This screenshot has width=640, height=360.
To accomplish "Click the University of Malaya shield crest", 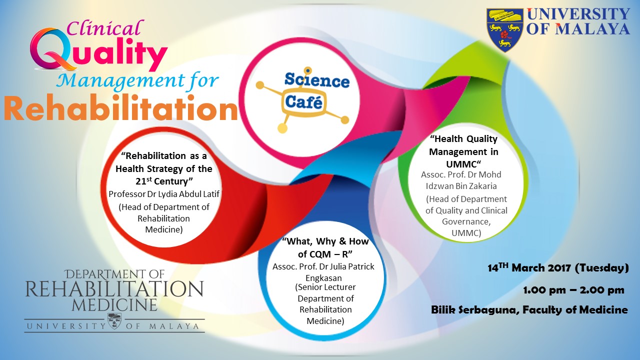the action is click(505, 30).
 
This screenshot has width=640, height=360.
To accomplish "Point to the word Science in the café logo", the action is click(317, 80).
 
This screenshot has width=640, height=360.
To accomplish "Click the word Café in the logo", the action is click(303, 102).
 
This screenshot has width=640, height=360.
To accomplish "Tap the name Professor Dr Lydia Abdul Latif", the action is click(164, 194).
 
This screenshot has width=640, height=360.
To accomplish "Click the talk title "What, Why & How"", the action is click(325, 241).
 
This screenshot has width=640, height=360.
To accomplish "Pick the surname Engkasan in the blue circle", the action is click(323, 278).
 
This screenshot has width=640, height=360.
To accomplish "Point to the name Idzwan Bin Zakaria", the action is click(461, 186).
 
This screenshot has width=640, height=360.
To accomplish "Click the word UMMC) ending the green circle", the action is click(466, 233).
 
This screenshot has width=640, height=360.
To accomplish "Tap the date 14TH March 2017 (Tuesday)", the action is click(558, 268).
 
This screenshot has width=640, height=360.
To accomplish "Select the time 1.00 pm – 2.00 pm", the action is click(573, 290).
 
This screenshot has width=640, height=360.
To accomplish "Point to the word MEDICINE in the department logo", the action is click(114, 304).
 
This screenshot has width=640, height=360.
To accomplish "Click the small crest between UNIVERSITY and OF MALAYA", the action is click(114, 321).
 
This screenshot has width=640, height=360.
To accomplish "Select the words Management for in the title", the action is click(137, 80).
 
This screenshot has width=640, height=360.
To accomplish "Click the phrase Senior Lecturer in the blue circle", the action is click(325, 287).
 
